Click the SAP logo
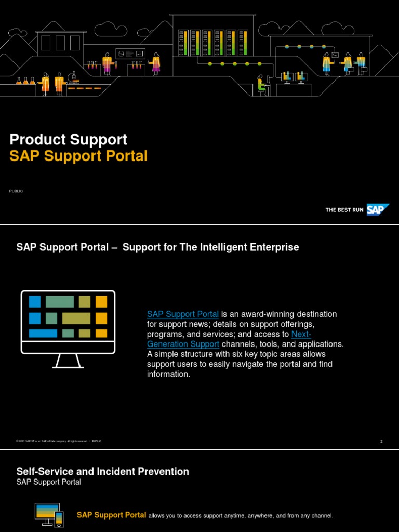tap(378, 210)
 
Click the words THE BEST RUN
tap(344, 210)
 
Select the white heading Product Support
tap(68, 139)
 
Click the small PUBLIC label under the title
tap(16, 191)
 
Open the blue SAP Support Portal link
tap(183, 314)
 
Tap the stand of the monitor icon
tap(68, 360)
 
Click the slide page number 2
tap(381, 442)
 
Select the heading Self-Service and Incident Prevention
tap(103, 472)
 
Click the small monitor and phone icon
tap(49, 514)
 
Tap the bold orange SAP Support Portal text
tap(111, 515)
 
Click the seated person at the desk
tap(261, 85)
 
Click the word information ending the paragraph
tap(168, 374)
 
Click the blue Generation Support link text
tap(183, 344)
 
